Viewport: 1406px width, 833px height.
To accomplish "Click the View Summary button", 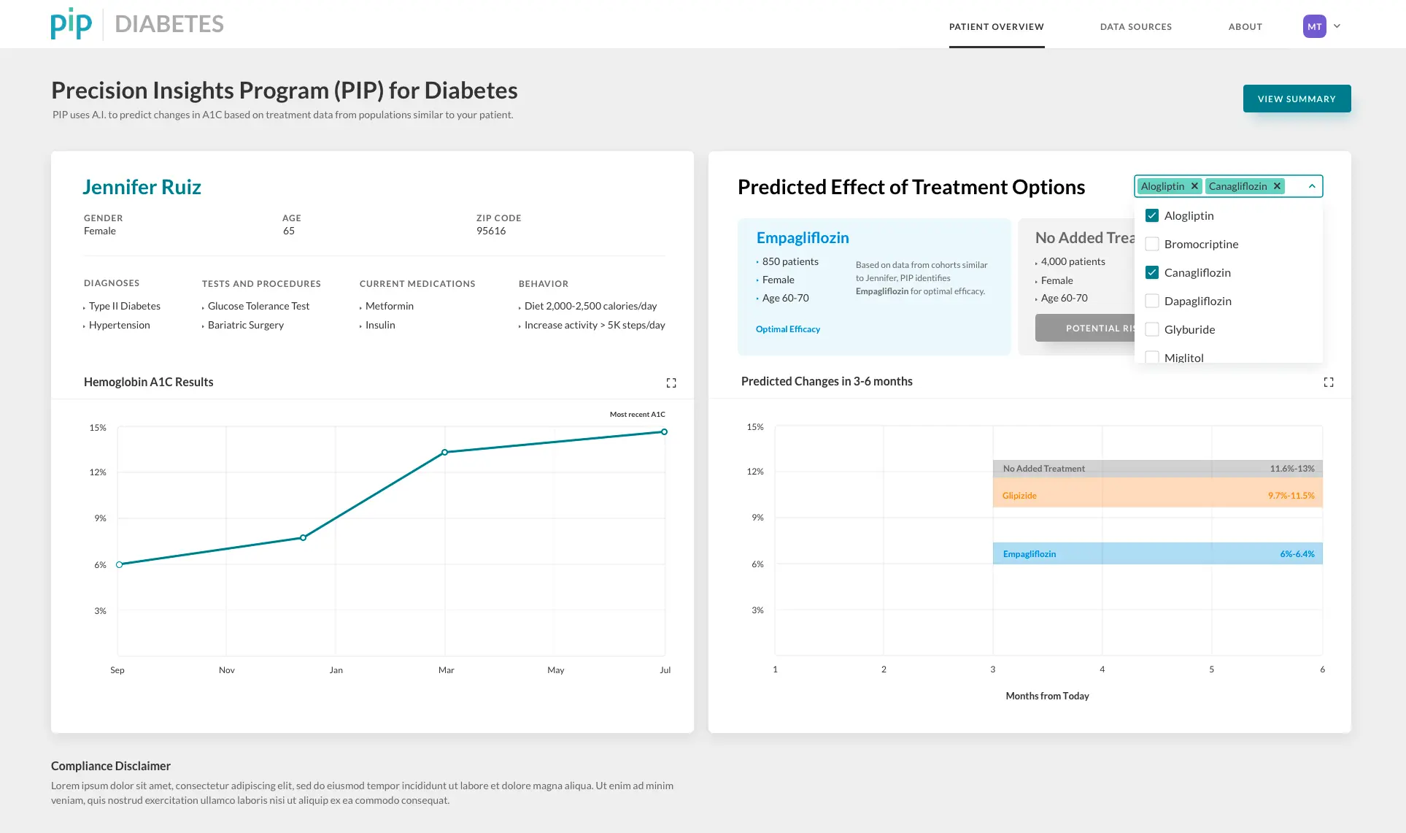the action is tap(1297, 99).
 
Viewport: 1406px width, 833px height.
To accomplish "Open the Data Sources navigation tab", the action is tap(1136, 27).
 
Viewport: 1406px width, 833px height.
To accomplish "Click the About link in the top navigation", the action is tap(1245, 27).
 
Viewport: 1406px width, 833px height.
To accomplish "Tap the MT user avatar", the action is tap(1315, 26).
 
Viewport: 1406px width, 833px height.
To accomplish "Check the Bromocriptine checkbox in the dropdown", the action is tap(1152, 244).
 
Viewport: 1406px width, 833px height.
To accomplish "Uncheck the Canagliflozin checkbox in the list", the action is tap(1152, 272).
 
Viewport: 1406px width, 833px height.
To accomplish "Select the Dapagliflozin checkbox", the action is tap(1152, 301).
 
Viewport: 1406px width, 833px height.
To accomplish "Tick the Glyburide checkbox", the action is tap(1152, 329).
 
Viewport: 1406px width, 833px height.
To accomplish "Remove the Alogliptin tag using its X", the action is tap(1194, 186).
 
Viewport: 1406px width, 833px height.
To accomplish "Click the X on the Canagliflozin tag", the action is tap(1277, 186).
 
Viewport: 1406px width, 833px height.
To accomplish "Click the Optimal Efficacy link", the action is tap(788, 329).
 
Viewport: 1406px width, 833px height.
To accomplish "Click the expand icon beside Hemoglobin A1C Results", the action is tap(671, 383).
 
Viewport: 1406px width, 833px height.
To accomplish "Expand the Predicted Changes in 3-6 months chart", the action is tap(1329, 382).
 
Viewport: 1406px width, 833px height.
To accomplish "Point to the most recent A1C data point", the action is tap(664, 432).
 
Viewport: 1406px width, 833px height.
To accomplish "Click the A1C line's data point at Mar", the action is tap(445, 453).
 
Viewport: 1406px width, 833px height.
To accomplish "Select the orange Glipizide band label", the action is tap(1019, 496).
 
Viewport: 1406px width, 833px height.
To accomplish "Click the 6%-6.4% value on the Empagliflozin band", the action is tap(1297, 554).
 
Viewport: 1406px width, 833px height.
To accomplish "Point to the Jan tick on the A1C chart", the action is tap(336, 670).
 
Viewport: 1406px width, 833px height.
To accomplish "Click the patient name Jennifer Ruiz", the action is tap(142, 187).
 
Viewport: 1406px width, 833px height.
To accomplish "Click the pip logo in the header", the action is tap(72, 23).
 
